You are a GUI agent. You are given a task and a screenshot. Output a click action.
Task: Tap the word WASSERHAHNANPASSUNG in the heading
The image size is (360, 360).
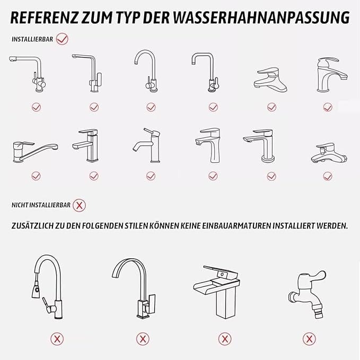pos(261,17)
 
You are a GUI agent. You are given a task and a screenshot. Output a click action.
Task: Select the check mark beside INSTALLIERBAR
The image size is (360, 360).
pos(62,39)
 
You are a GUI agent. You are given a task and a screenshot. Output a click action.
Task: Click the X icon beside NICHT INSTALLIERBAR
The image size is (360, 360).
pos(79,205)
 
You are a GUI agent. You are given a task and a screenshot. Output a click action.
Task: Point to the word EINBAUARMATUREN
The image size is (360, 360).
pos(236,226)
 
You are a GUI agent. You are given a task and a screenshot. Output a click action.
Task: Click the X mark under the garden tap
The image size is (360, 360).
pos(309,339)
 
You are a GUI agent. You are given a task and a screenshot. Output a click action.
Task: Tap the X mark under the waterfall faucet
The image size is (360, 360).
pos(225,339)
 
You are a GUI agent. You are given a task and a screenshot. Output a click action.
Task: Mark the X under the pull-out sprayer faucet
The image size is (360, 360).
pos(57,339)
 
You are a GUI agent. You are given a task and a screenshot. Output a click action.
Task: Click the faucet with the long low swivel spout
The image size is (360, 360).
pos(35,152)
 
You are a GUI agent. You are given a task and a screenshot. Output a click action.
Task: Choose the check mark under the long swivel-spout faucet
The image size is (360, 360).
pos(36,176)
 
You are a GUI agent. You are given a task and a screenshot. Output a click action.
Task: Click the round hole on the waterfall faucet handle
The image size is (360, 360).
pos(222,275)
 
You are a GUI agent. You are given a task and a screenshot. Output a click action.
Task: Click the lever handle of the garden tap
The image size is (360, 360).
pos(317,276)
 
